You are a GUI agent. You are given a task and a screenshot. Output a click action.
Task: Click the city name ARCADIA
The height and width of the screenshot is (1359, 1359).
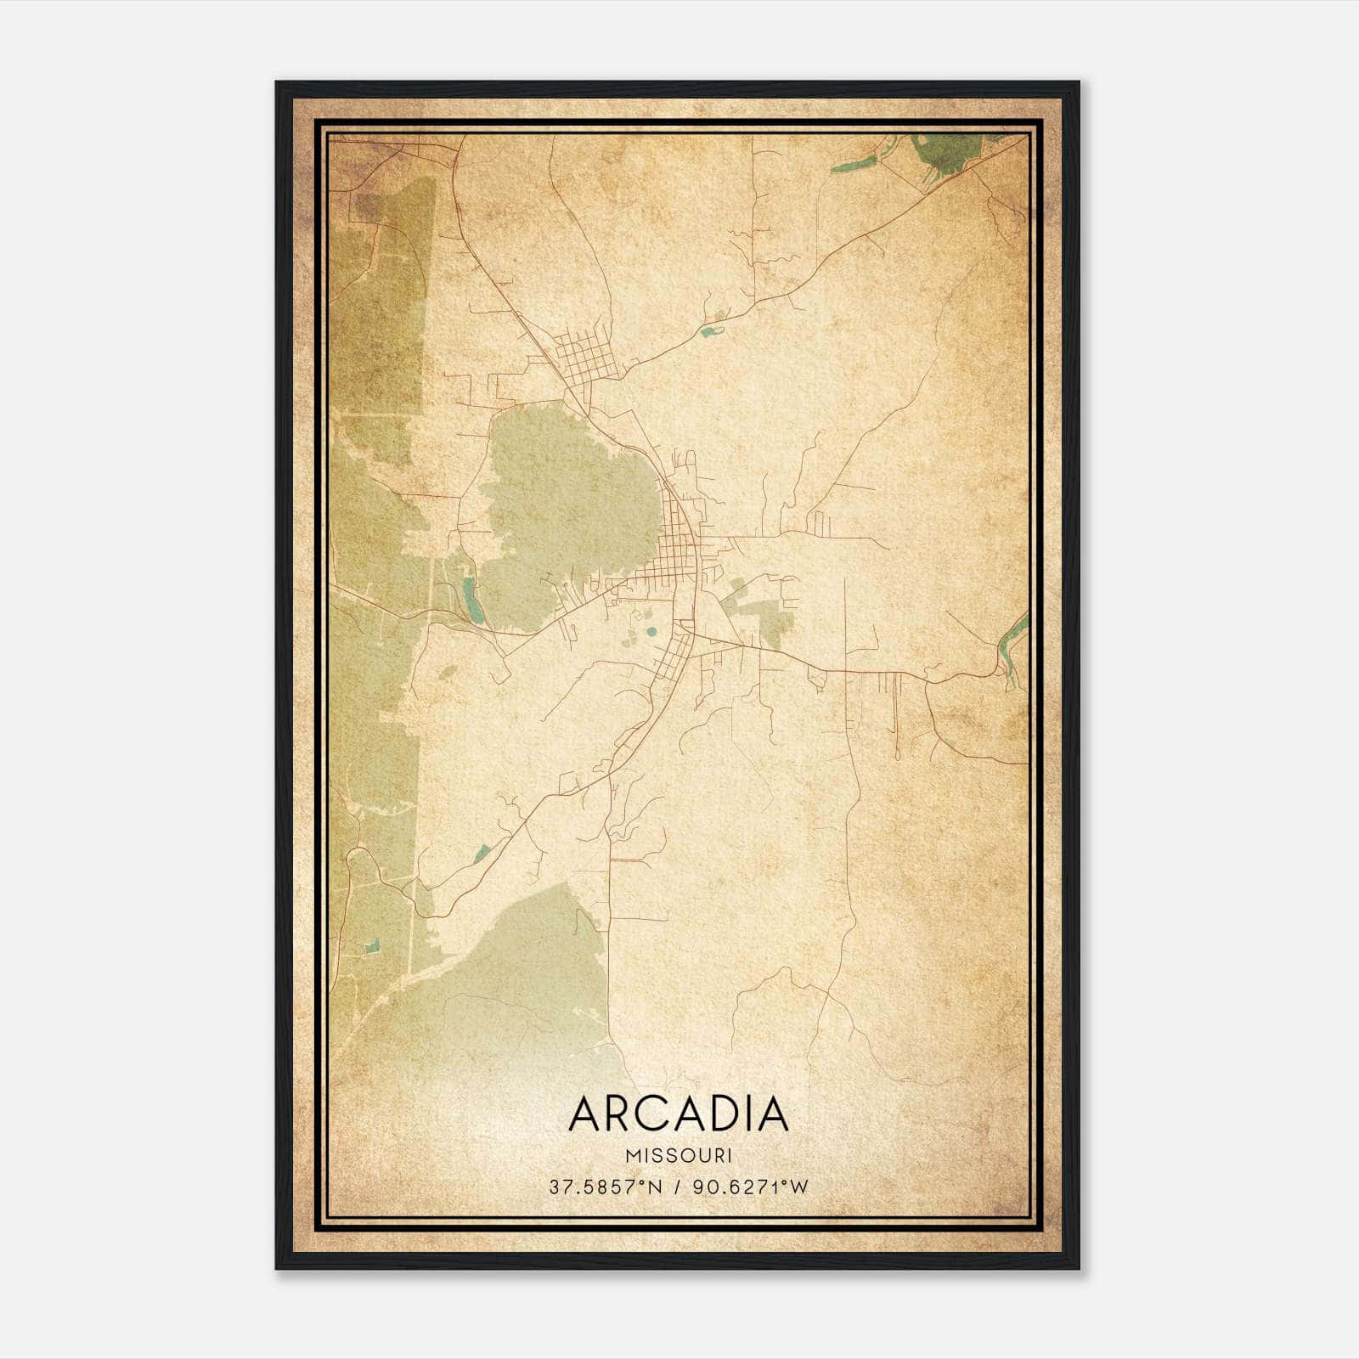pos(679,1114)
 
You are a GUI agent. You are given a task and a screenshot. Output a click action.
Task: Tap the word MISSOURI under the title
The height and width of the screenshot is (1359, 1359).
pos(679,1156)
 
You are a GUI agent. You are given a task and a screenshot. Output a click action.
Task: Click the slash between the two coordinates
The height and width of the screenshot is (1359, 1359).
pos(677,1187)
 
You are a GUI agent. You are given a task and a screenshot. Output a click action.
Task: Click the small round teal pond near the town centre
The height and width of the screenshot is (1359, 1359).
pos(651,632)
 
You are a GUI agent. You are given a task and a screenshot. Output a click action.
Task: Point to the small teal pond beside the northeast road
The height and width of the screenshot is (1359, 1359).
pos(707,330)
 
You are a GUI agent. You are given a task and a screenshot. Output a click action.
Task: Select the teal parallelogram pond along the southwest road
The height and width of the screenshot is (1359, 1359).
pos(482,853)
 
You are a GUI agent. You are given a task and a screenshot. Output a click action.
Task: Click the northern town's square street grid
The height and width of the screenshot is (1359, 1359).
pos(584,357)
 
